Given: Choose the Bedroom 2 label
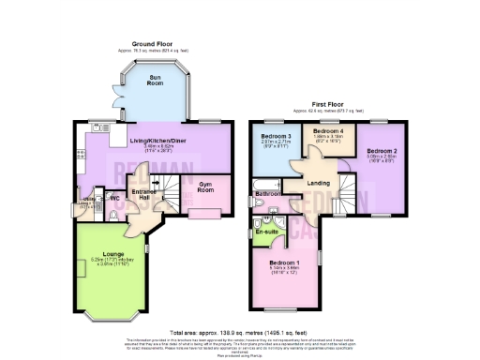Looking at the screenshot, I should click(x=382, y=151).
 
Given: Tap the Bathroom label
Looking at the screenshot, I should click(x=268, y=193).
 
